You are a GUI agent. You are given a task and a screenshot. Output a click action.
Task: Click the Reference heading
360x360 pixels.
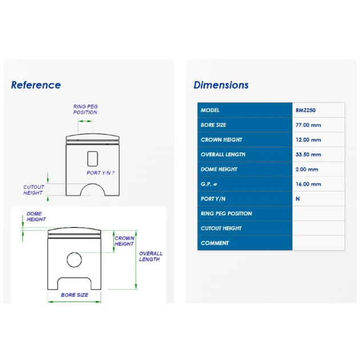(36, 85)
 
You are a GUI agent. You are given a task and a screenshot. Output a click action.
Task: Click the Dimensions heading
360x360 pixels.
(221, 85)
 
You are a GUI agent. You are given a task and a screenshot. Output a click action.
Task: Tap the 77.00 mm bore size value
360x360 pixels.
(308, 125)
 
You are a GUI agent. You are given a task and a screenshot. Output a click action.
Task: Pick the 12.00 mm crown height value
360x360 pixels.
(308, 140)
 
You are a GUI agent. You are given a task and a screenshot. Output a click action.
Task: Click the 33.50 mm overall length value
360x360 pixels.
(308, 154)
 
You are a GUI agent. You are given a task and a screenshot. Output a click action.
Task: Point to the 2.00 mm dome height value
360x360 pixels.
(307, 170)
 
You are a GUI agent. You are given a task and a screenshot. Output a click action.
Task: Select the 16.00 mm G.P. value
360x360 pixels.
(308, 184)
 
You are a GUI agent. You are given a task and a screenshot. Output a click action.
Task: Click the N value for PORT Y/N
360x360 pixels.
(298, 199)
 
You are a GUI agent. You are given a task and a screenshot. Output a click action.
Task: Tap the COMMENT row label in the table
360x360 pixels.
(215, 243)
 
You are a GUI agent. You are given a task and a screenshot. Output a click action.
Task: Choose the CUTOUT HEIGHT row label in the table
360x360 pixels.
(221, 229)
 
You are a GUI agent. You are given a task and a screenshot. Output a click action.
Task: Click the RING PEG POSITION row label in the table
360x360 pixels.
(226, 214)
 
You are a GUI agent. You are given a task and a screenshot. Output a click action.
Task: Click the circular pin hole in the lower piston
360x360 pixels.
(74, 253)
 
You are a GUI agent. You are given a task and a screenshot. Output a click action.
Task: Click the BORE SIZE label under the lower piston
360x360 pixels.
(75, 295)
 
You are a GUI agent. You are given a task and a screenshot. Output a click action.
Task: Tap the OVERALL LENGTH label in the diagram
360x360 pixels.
(151, 257)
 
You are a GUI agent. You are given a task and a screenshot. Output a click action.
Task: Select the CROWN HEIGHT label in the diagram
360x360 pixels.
(124, 241)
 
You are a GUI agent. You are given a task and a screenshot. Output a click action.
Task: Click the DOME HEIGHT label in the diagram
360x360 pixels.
(36, 217)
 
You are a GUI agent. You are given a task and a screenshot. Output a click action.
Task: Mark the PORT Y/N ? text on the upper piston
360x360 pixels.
(101, 173)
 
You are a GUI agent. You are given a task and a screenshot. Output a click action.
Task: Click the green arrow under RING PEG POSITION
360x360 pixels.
(85, 121)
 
